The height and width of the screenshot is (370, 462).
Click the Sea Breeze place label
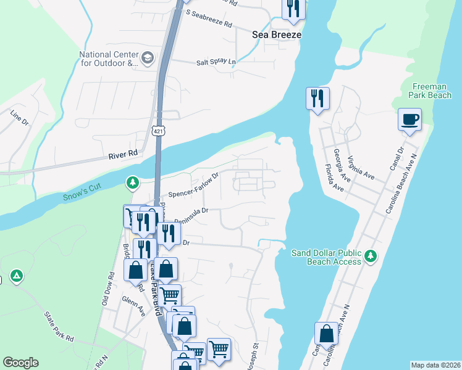277,35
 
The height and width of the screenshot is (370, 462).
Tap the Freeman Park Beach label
430,91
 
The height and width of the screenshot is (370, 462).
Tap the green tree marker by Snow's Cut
132,183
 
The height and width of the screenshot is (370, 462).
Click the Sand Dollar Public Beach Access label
326,258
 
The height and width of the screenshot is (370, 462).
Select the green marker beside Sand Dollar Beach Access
370,255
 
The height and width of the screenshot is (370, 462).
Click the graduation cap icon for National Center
147,59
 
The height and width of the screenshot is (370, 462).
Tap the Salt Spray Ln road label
216,62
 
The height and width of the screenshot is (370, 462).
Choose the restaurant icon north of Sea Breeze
292,8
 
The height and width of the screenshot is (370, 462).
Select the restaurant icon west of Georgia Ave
317,98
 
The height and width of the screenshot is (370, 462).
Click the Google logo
20,363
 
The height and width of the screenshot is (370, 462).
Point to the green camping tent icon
17,275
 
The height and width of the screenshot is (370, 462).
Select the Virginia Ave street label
361,166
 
